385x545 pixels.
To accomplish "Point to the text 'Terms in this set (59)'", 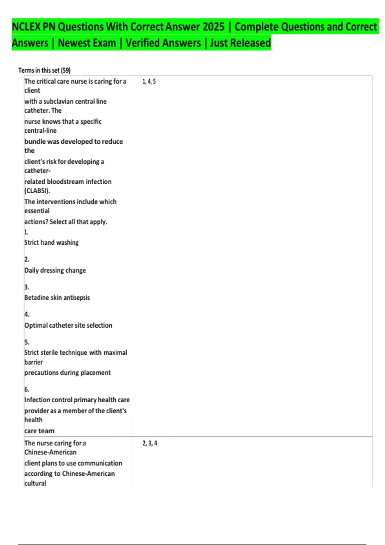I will tap(44, 70).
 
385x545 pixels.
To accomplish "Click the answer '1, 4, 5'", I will tap(149, 81).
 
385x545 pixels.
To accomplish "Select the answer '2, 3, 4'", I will tap(150, 443).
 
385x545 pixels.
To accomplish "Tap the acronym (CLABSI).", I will tap(37, 191).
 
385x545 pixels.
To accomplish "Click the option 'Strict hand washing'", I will tap(51, 243).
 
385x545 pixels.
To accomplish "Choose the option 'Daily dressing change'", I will tap(55, 270).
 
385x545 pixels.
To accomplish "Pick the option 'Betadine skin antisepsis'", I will tap(57, 298).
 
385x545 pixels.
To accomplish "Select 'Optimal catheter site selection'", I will tap(68, 325).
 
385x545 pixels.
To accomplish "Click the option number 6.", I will tap(27, 390).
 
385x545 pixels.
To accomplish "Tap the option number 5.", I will tap(27, 342).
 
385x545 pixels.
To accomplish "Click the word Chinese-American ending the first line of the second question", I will tap(50, 452).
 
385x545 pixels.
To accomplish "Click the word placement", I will tap(96, 373).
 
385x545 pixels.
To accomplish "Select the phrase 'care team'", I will tap(39, 431).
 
